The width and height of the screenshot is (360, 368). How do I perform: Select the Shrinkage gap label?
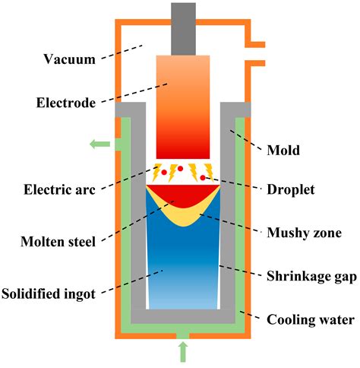pos(310,277)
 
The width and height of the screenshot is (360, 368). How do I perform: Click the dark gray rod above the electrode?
pos(182,28)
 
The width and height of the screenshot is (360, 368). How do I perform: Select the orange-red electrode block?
pos(182,106)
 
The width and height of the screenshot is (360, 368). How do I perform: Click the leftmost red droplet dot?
pos(164,173)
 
